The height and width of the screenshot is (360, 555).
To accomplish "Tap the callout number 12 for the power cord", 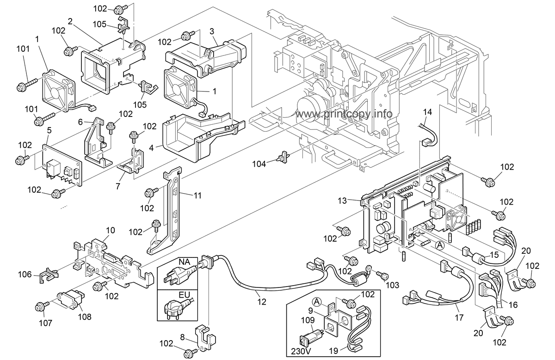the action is pyautogui.click(x=262, y=302).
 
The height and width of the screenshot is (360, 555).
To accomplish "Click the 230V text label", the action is pyautogui.click(x=301, y=351).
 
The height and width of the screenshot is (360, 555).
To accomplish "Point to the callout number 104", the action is pyautogui.click(x=259, y=164).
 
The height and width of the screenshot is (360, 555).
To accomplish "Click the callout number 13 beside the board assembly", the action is pyautogui.click(x=342, y=201).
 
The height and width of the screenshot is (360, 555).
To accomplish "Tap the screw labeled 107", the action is pyautogui.click(x=40, y=307).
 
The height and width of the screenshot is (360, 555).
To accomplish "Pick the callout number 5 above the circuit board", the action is pyautogui.click(x=49, y=130).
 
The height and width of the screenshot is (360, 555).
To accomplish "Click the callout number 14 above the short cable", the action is pyautogui.click(x=428, y=112).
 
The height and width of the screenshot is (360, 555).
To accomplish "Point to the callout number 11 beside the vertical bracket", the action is pyautogui.click(x=197, y=195).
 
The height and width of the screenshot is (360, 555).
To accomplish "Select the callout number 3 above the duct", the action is pyautogui.click(x=212, y=31).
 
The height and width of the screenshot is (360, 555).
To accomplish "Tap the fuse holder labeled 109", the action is pyautogui.click(x=311, y=336).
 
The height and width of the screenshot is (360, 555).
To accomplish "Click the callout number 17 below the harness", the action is pyautogui.click(x=459, y=317).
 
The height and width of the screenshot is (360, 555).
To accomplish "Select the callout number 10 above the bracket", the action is pyautogui.click(x=111, y=230).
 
